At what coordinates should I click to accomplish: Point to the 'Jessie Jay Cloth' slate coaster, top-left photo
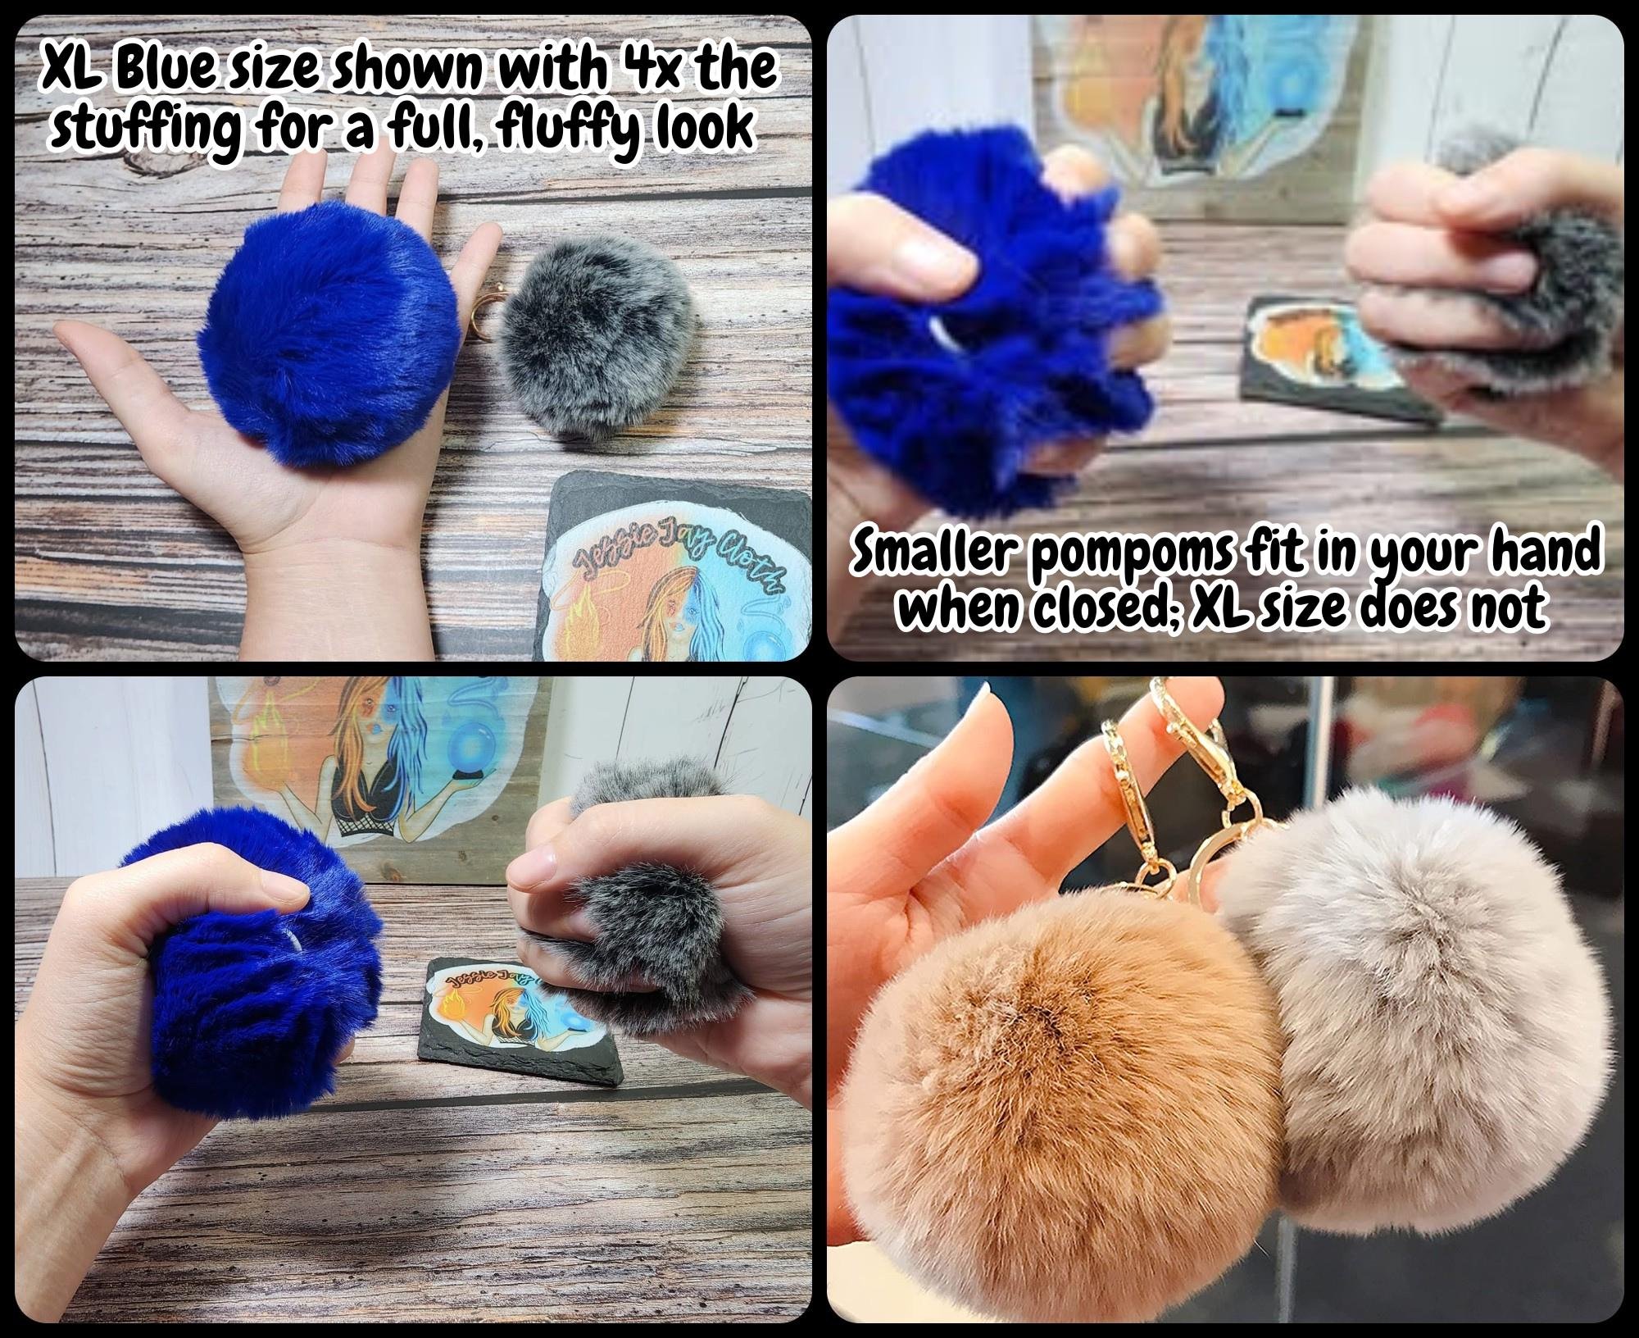tap(672, 571)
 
